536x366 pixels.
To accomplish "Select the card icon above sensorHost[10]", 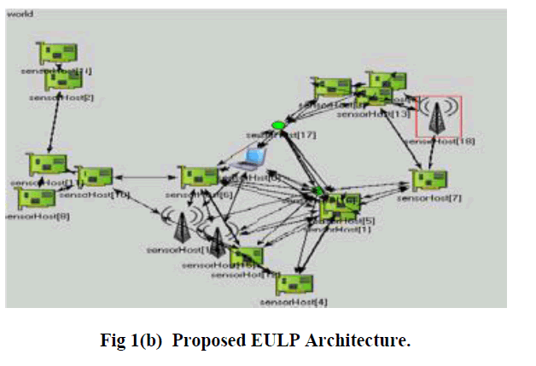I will (94, 177).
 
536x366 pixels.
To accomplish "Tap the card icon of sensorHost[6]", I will (198, 177).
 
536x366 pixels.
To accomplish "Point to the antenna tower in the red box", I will (440, 118).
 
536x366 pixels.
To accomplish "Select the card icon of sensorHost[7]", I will (427, 180).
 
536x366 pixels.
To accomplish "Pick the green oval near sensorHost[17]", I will (277, 126).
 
